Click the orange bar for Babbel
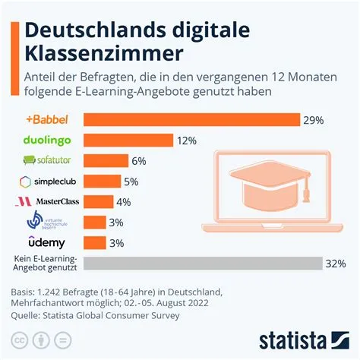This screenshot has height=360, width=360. pyautogui.click(x=191, y=120)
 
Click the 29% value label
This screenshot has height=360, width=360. pyautogui.click(x=314, y=120)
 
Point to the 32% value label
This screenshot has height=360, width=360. pyautogui.click(x=335, y=264)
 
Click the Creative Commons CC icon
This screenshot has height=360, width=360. pyautogui.click(x=19, y=339)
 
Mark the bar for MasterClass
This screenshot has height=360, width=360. pyautogui.click(x=97, y=202)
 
